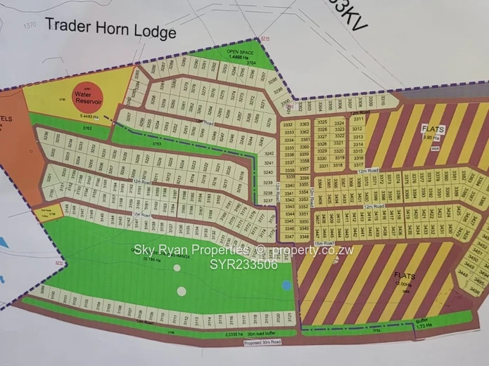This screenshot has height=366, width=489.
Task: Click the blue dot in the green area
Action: click(x=286, y=285)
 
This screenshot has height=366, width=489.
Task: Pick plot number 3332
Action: click(x=287, y=125)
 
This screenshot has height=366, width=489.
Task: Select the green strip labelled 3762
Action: click(x=87, y=129)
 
